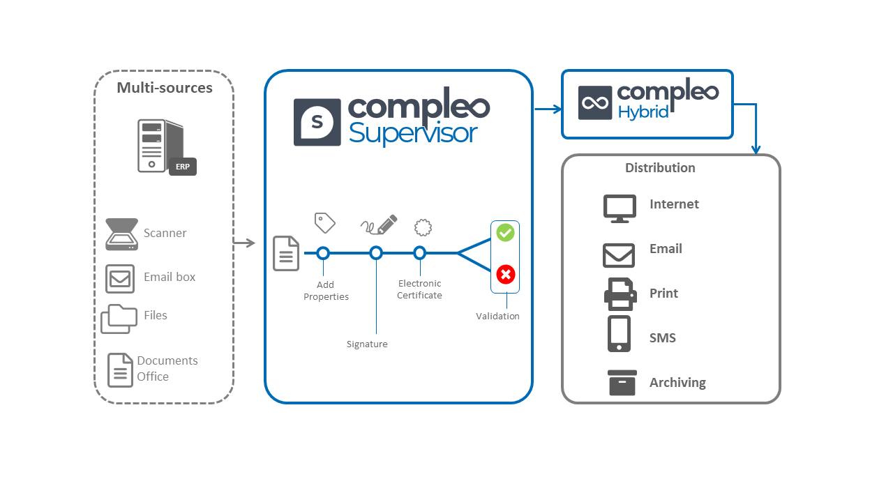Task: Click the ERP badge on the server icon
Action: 183,167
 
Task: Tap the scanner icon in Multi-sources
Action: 121,234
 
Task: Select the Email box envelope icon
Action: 120,278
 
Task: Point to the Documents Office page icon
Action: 120,370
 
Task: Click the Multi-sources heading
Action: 165,88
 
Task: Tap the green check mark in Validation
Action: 505,233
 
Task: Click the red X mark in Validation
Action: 505,274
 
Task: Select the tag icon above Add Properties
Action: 324,222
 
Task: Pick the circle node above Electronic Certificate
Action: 419,253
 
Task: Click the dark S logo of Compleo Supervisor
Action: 317,122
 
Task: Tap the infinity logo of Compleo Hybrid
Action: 595,103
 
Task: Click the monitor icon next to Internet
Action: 620,208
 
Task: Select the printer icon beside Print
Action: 620,294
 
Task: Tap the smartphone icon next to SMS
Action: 620,334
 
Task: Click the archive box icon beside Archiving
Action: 622,383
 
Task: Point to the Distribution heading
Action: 660,168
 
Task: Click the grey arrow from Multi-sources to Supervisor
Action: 244,243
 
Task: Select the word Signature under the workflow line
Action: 367,344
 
